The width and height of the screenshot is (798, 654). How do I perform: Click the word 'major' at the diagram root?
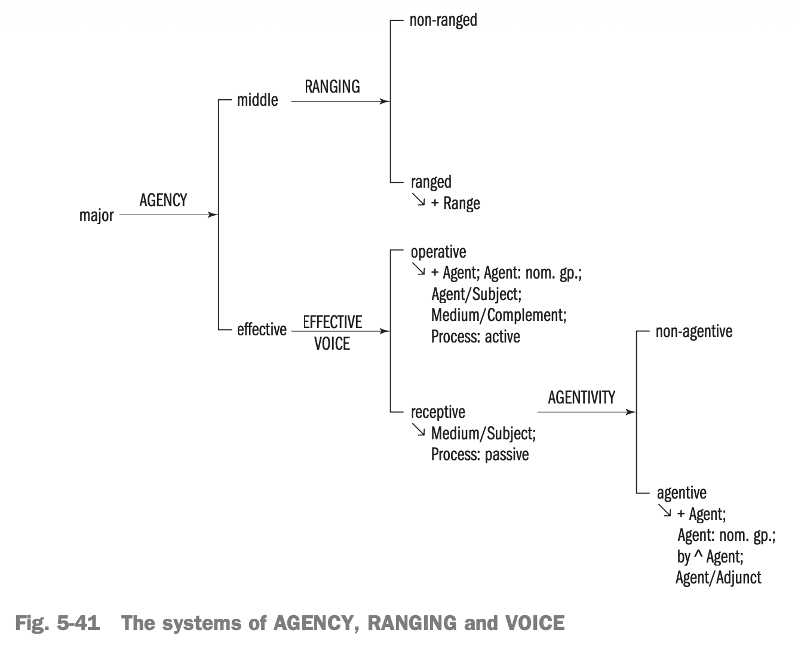pyautogui.click(x=96, y=215)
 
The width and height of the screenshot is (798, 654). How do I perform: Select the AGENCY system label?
pyautogui.click(x=163, y=200)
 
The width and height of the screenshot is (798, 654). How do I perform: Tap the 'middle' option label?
pyautogui.click(x=257, y=100)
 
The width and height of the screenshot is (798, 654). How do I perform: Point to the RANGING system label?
pyautogui.click(x=332, y=87)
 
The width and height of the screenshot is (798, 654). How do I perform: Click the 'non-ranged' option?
pyautogui.click(x=443, y=20)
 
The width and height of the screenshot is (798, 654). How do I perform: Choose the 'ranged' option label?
pyautogui.click(x=431, y=182)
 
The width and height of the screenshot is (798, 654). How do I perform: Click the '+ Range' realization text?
pyautogui.click(x=455, y=203)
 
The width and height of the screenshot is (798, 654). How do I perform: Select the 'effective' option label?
pyautogui.click(x=262, y=329)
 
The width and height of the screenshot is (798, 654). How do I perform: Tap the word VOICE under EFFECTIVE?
pyautogui.click(x=332, y=344)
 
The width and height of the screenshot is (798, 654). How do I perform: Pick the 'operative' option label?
pyautogui.click(x=438, y=252)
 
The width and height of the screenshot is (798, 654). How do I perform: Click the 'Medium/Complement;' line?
pyautogui.click(x=499, y=315)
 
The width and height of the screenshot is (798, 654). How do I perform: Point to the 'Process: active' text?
pyautogui.click(x=475, y=337)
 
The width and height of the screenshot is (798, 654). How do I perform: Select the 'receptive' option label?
pyautogui.click(x=438, y=412)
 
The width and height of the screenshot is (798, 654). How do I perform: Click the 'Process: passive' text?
pyautogui.click(x=480, y=454)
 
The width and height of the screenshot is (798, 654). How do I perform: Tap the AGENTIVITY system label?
pyautogui.click(x=581, y=398)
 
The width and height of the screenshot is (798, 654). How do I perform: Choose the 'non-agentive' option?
pyautogui.click(x=693, y=331)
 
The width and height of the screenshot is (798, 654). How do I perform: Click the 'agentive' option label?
pyautogui.click(x=681, y=493)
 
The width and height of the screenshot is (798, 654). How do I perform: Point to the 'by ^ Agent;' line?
pyautogui.click(x=710, y=557)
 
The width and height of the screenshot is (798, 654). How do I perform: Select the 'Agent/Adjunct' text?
pyautogui.click(x=718, y=577)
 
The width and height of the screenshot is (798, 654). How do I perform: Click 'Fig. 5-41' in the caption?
pyautogui.click(x=57, y=624)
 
